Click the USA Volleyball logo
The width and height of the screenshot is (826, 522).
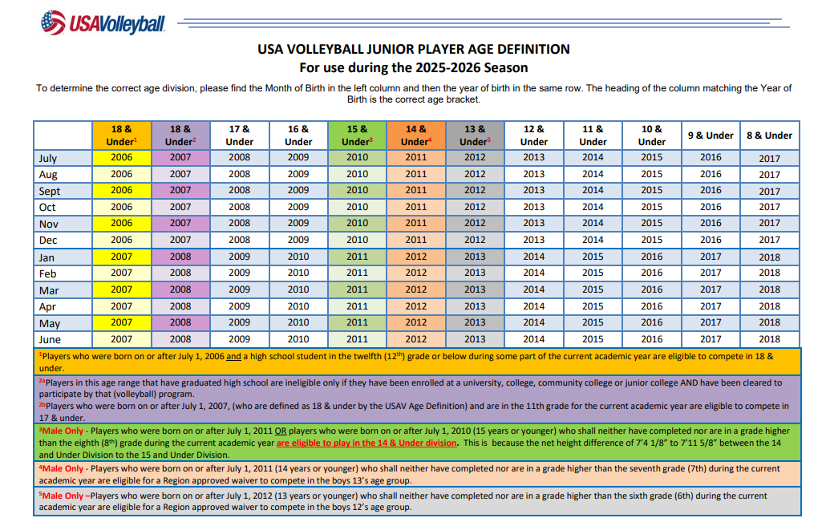point(103,22)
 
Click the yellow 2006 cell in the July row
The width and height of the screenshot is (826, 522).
point(122,157)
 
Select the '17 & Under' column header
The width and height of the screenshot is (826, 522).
point(240,136)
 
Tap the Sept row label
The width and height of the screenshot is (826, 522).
point(50,191)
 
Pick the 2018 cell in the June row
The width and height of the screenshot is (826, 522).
point(769,339)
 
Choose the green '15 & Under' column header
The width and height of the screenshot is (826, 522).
point(357,136)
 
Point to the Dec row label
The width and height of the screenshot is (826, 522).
point(48,241)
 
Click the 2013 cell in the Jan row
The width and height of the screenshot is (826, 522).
point(475,257)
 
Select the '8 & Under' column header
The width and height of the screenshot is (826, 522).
point(769,136)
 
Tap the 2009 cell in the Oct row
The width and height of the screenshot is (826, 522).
point(298,207)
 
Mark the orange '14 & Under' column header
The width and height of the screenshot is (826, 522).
point(416,136)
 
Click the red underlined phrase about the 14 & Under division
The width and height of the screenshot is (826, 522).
point(366,443)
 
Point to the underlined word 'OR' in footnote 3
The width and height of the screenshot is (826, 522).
point(281,431)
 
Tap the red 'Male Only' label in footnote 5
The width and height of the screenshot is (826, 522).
point(63,496)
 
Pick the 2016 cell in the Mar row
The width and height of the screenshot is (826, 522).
point(652,289)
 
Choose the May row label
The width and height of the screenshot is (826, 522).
point(50,323)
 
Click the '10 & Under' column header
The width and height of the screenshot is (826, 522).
point(652,136)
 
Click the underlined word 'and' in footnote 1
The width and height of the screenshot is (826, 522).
point(233,357)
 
